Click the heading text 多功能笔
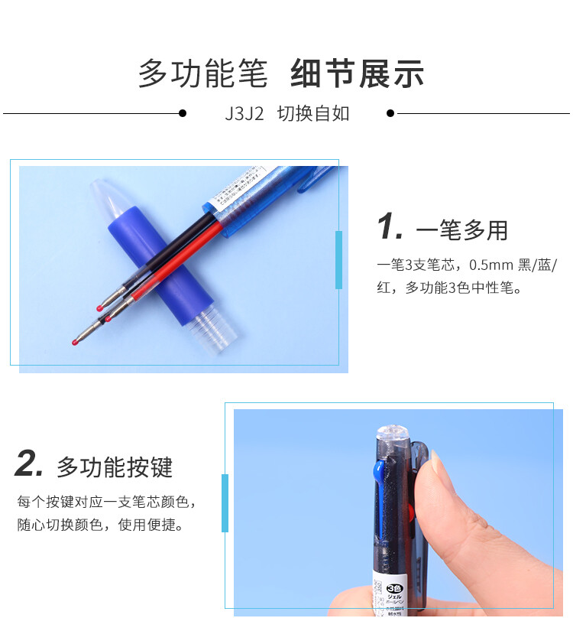pos(202,73)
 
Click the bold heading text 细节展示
pos(357,73)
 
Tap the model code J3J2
pos(244,114)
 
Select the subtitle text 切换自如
pos(313,114)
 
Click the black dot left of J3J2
pos(182,113)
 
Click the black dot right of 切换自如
pos(390,113)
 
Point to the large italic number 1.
pos(390,227)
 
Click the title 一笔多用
pos(461,229)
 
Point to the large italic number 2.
pos(29,464)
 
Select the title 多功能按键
pos(115,467)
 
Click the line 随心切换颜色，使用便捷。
pos(100,526)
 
